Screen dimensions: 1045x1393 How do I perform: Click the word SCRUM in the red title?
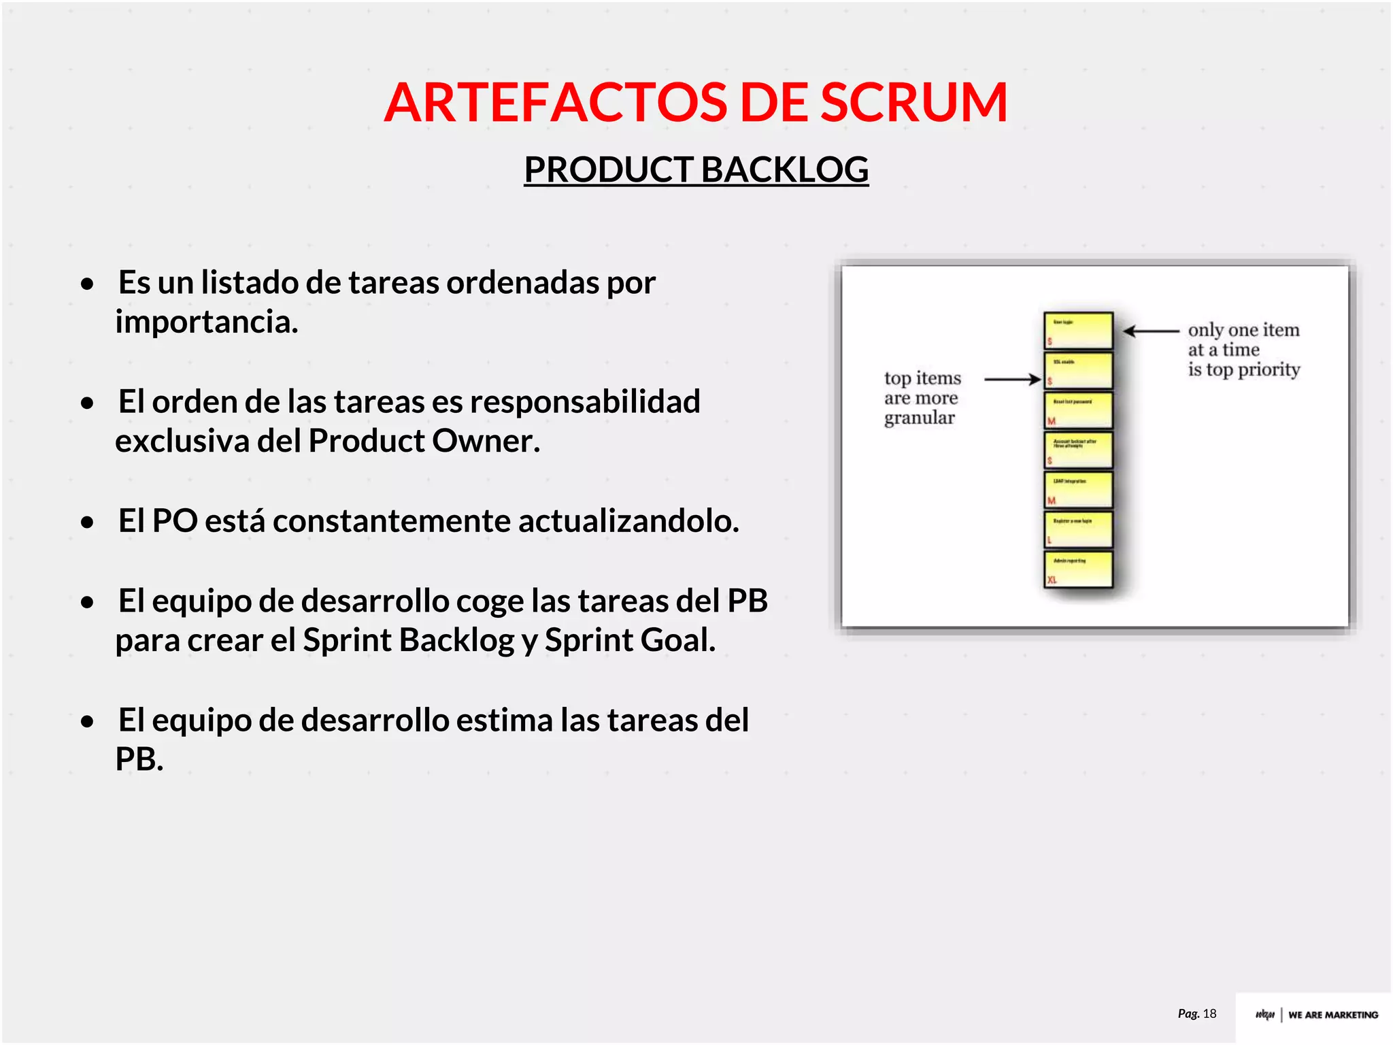click(x=913, y=102)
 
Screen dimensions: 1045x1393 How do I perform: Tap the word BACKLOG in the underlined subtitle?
click(x=784, y=169)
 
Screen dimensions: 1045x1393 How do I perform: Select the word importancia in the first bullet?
click(x=207, y=322)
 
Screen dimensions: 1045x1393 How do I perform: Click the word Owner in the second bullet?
click(x=486, y=441)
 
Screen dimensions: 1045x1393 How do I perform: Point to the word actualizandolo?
click(x=628, y=521)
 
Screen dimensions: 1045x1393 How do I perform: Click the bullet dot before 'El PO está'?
click(x=87, y=522)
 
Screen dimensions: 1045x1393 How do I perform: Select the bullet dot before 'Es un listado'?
click(x=87, y=284)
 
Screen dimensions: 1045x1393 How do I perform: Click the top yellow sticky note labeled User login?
click(x=1079, y=330)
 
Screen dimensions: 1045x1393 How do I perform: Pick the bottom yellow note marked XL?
click(x=1079, y=569)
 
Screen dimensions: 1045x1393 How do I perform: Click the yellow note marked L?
click(x=1079, y=529)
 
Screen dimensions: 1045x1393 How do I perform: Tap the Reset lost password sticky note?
click(x=1079, y=410)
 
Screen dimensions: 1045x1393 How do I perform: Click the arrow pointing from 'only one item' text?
click(x=1150, y=331)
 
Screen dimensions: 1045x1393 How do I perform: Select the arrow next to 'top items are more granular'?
click(x=1012, y=380)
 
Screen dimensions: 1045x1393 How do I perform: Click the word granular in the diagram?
click(x=920, y=418)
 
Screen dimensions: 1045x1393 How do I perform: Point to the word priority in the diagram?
click(x=1269, y=369)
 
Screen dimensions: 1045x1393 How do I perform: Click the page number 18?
click(x=1209, y=1014)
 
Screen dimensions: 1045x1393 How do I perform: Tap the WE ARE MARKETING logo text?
click(x=1332, y=1014)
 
